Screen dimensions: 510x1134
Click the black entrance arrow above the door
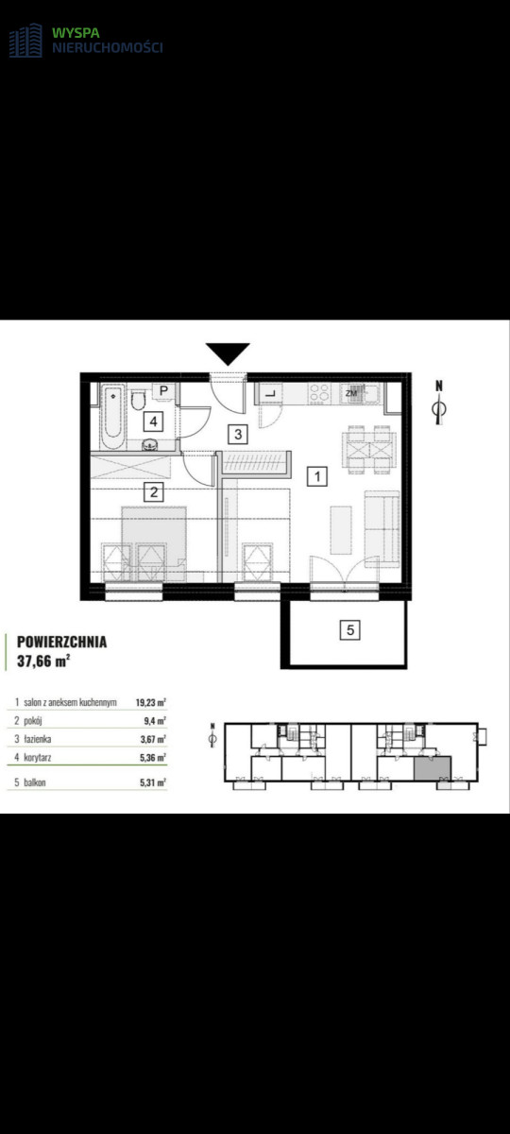point(228,352)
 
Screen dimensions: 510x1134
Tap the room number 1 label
point(317,476)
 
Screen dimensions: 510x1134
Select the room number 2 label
point(154,491)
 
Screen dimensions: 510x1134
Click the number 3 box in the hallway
point(238,434)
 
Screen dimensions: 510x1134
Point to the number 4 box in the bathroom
point(154,421)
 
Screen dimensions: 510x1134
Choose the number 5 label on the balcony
point(350,630)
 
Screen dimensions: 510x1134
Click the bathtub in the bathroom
point(112,417)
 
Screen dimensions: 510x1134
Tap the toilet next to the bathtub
point(138,400)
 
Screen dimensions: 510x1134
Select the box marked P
point(164,391)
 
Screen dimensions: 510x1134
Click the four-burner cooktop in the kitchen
point(319,393)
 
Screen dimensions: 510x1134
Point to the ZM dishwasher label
point(351,393)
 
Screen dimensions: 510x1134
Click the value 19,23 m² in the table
point(151,702)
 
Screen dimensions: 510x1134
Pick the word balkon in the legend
point(35,782)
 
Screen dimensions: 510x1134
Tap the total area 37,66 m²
point(43,661)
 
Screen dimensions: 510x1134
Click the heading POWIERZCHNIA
point(61,642)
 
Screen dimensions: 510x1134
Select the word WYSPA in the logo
point(76,33)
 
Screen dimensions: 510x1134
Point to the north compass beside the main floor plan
point(439,403)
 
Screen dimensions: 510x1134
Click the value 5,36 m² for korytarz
point(153,758)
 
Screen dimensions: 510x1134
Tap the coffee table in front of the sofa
point(341,529)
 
